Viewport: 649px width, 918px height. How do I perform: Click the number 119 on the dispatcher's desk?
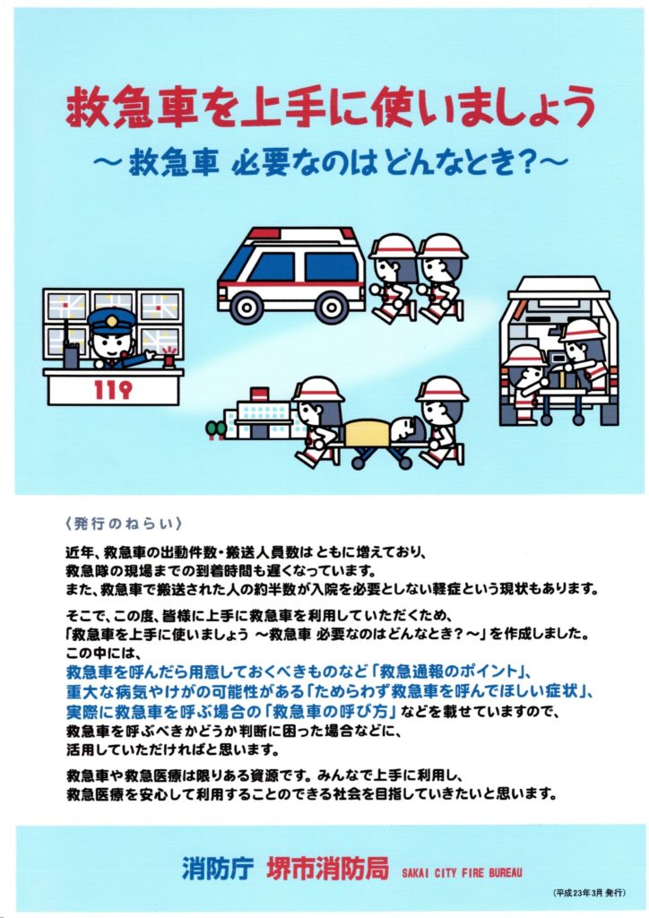click(x=113, y=389)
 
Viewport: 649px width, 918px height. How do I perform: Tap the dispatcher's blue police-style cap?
click(x=111, y=322)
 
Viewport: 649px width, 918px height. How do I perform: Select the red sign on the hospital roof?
click(x=259, y=394)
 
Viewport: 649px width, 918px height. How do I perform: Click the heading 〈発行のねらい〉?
click(x=125, y=524)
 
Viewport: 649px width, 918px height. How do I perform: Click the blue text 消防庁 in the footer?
click(x=217, y=868)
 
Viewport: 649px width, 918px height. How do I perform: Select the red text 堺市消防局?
click(x=328, y=868)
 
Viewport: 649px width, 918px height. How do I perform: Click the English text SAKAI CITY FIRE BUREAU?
click(x=462, y=872)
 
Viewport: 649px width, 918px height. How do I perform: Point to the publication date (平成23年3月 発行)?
click(x=589, y=893)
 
